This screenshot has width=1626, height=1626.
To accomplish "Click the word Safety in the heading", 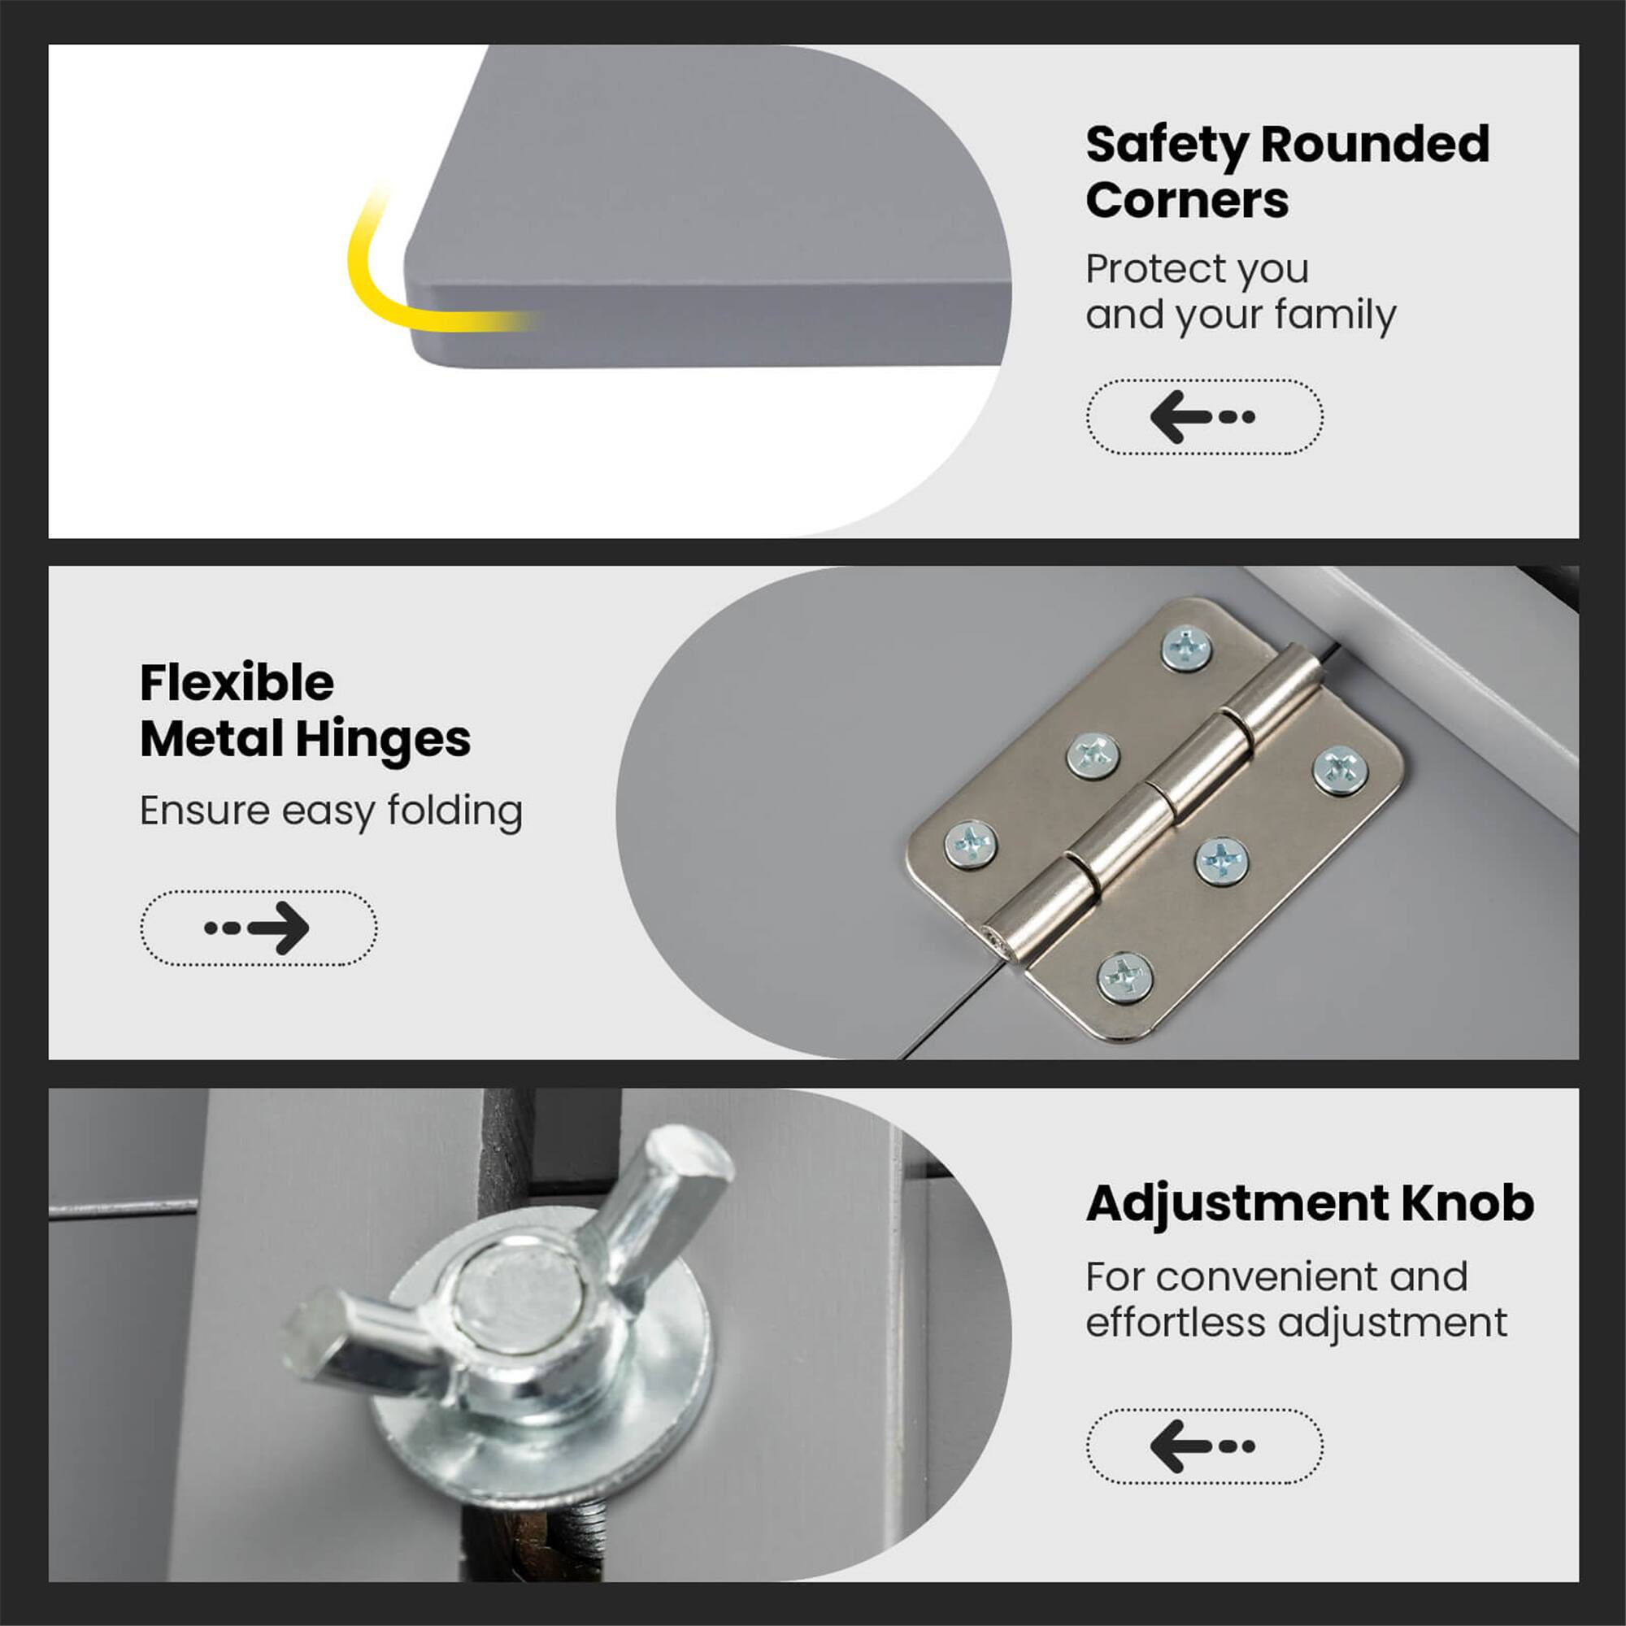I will tap(1167, 145).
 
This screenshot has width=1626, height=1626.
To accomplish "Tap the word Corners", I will tap(1187, 201).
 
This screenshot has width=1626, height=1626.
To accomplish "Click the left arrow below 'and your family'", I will tap(1203, 416).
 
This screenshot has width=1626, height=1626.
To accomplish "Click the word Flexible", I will tap(237, 683).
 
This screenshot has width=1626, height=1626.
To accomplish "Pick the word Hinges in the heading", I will tap(382, 739).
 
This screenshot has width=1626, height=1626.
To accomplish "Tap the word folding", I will tap(454, 811).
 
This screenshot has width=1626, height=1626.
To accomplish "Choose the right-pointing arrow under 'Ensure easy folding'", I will tap(258, 928).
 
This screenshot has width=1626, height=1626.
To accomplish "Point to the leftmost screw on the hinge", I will tap(972, 843).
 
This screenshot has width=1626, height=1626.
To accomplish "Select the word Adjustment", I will tap(1237, 1202).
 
